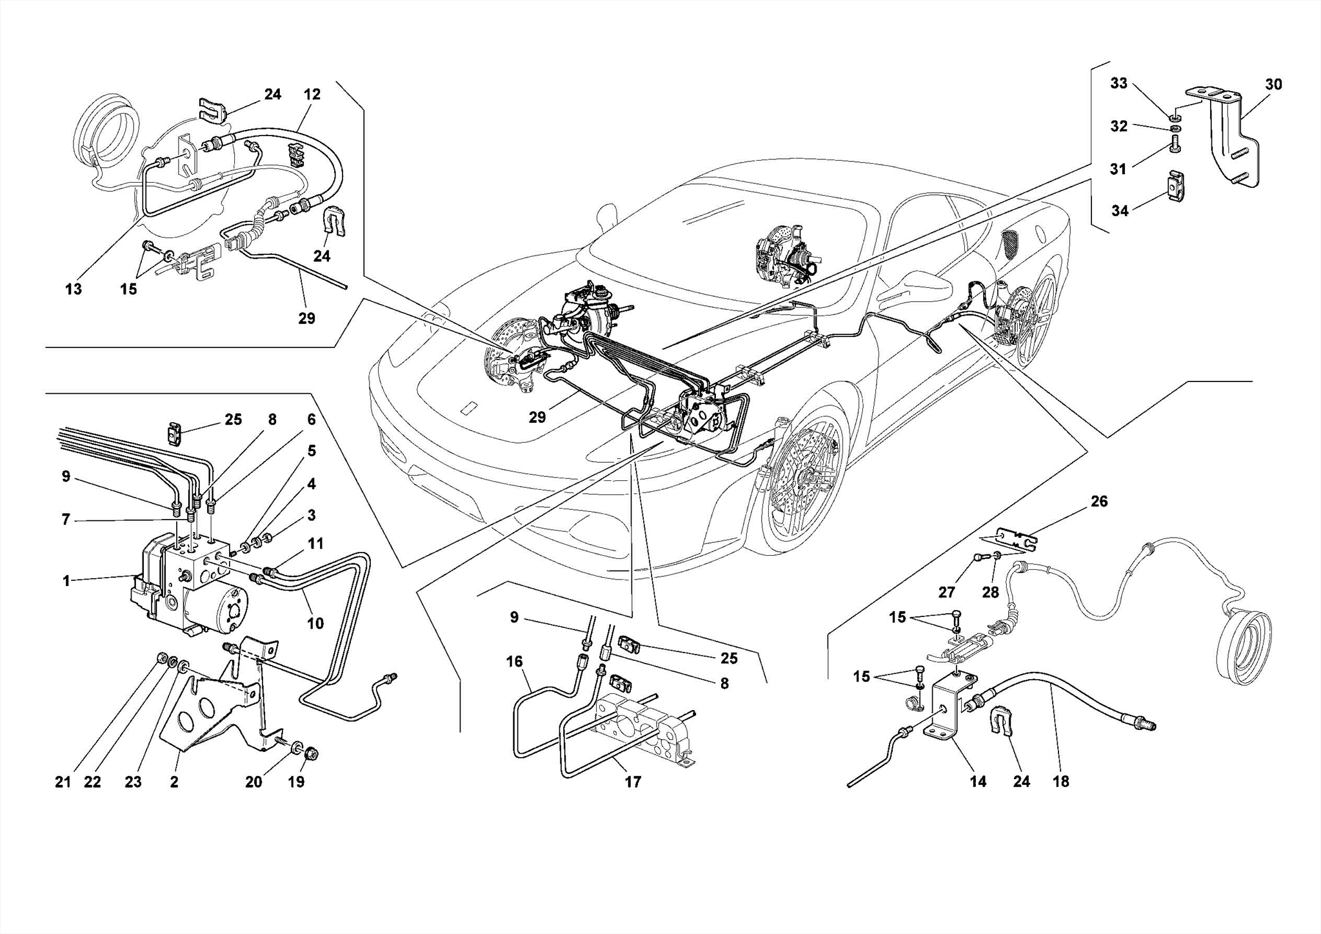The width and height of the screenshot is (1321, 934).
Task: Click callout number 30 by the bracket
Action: (1273, 85)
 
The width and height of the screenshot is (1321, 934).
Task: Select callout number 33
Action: (1118, 83)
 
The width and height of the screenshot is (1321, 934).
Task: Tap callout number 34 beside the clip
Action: (1120, 210)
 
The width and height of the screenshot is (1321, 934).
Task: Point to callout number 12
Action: (312, 94)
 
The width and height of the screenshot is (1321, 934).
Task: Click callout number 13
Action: (74, 289)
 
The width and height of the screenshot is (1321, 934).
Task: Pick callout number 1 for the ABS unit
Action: (66, 581)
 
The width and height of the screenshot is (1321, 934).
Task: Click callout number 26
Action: (1099, 502)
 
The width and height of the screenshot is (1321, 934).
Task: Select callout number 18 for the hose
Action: (1060, 782)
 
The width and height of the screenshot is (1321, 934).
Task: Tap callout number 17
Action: (633, 782)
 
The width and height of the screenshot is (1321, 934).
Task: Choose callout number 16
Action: (514, 662)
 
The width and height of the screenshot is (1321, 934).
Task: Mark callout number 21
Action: (63, 782)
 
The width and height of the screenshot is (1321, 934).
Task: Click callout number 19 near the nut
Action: (296, 782)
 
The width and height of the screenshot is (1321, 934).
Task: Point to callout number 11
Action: (315, 543)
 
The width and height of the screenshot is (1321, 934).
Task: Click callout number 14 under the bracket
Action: (978, 782)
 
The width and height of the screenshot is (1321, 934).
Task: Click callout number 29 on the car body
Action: (537, 418)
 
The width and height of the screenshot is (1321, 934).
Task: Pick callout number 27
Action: (946, 593)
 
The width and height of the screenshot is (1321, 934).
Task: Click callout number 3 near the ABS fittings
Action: (312, 515)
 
